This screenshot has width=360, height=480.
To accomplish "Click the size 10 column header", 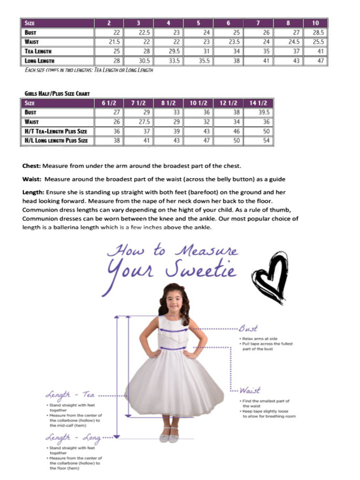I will coord(315,23).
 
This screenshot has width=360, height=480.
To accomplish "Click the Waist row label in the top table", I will coord(32,42).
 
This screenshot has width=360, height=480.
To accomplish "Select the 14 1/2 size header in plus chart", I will coord(259,103).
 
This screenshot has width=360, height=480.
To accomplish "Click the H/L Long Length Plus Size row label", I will coord(56,141).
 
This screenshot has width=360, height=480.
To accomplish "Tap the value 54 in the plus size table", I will coord(266,141).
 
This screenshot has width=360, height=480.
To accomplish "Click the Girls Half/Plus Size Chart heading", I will coord(57,94).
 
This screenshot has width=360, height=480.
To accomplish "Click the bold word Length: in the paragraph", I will coord(34,192).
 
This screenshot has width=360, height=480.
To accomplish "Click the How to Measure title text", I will coord(172,250).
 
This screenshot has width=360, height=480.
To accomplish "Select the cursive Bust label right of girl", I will coord(248,329).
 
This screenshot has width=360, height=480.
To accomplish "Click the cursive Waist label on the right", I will coord(250,390).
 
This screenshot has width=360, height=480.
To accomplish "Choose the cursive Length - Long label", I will coord(73,437).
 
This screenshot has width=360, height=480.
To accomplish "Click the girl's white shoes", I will coord(169,435).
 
